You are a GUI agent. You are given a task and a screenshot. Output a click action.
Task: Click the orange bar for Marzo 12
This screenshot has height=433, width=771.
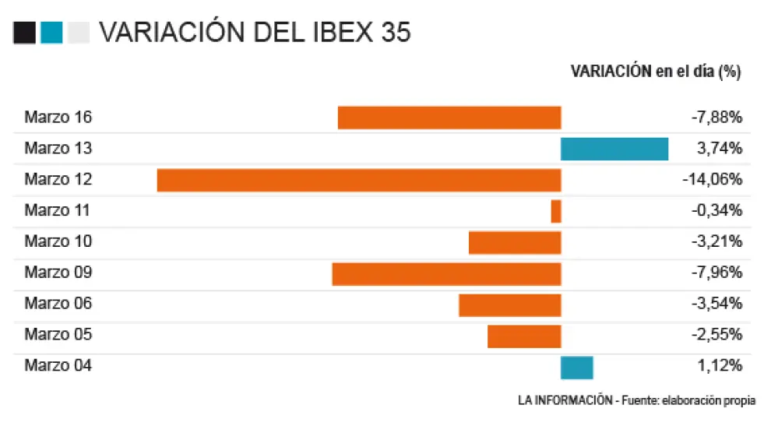(358, 180)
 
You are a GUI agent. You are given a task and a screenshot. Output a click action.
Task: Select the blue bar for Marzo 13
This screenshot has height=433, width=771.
(614, 149)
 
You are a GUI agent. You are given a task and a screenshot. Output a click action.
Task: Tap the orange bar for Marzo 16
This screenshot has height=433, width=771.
(449, 118)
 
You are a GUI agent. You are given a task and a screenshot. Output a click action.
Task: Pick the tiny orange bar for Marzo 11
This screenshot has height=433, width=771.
(556, 211)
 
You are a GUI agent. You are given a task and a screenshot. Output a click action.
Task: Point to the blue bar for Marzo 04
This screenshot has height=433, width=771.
(577, 367)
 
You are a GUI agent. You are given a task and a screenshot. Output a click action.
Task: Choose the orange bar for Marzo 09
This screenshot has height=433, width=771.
(446, 273)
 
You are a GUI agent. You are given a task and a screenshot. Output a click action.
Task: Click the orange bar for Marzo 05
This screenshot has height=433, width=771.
(524, 336)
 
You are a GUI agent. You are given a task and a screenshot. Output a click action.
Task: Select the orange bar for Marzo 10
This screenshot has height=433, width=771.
(515, 242)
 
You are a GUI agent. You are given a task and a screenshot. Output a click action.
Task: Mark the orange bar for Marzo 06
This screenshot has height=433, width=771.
(510, 305)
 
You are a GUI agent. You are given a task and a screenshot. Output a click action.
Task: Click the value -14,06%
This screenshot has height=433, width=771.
(712, 180)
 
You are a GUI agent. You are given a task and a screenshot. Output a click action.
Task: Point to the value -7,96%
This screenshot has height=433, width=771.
(716, 273)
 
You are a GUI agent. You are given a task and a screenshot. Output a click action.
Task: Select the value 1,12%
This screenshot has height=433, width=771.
(722, 365)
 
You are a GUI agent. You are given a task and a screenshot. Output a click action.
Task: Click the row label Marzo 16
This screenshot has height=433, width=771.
(58, 118)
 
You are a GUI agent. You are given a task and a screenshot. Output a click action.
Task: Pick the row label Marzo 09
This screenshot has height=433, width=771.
(58, 273)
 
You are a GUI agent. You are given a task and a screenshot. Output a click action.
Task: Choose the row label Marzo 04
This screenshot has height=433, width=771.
(58, 365)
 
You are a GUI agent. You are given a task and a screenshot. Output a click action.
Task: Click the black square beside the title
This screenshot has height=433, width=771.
(24, 33)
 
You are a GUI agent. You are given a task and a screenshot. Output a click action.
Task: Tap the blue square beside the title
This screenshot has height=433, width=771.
(51, 33)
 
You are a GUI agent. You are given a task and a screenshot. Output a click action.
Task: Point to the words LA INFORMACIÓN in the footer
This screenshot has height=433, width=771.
(565, 400)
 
